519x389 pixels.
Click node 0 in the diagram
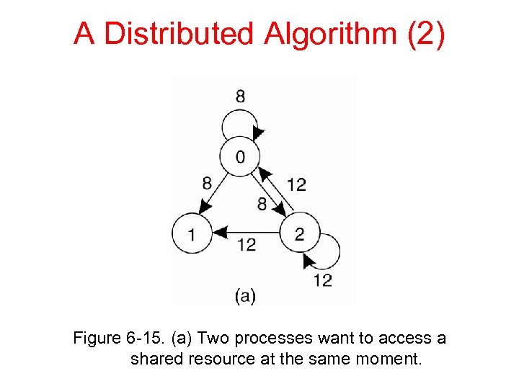click(x=239, y=157)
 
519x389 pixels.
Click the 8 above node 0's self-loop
click(x=239, y=96)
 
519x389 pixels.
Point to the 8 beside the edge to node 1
click(x=207, y=183)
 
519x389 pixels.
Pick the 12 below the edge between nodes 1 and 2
click(x=247, y=246)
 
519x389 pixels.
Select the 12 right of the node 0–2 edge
click(x=296, y=185)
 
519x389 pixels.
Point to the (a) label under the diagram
click(x=245, y=295)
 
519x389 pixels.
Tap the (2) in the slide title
click(x=426, y=34)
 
